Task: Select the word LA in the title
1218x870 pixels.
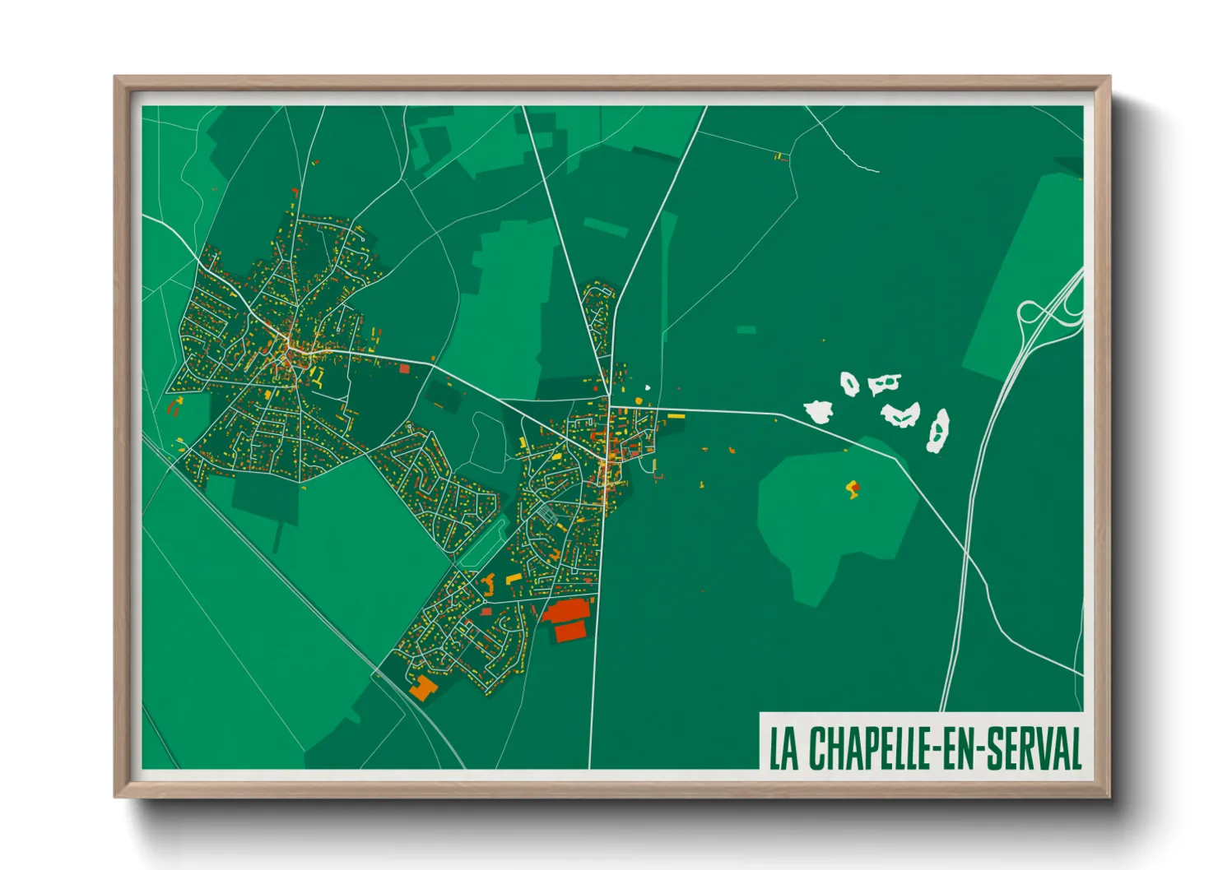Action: coord(784,748)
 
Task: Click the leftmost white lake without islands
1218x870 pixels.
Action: coord(819,411)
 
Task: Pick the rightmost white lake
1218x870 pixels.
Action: coord(937,432)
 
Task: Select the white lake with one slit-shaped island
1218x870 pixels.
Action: coord(883,383)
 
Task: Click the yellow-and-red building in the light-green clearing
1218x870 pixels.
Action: coord(853,489)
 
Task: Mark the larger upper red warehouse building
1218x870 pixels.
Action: coord(566,610)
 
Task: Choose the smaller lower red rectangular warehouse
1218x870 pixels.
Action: coord(570,632)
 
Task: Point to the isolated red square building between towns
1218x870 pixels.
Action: coord(404,369)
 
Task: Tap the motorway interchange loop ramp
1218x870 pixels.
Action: coord(1030,312)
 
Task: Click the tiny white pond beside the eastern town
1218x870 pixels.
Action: coord(648,389)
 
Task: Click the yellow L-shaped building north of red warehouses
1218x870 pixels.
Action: coord(514,580)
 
